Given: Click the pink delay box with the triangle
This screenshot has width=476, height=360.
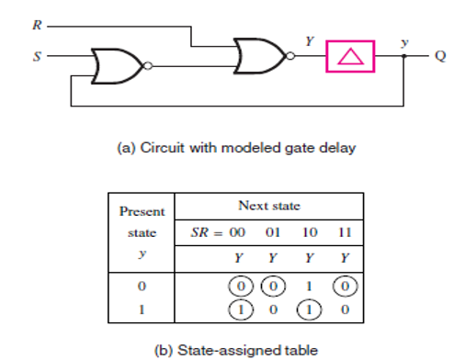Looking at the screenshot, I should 349,57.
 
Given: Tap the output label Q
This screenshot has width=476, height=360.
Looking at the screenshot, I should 440,57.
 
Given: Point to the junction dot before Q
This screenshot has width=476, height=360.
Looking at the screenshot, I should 406,57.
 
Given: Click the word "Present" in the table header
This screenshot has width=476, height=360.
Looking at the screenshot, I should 142,211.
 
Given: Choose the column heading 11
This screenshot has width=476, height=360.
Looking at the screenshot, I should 346,233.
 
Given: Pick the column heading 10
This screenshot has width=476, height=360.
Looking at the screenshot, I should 310,233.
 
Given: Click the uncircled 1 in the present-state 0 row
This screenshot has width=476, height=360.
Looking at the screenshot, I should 310,287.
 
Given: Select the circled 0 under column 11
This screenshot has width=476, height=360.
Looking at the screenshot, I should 346,287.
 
